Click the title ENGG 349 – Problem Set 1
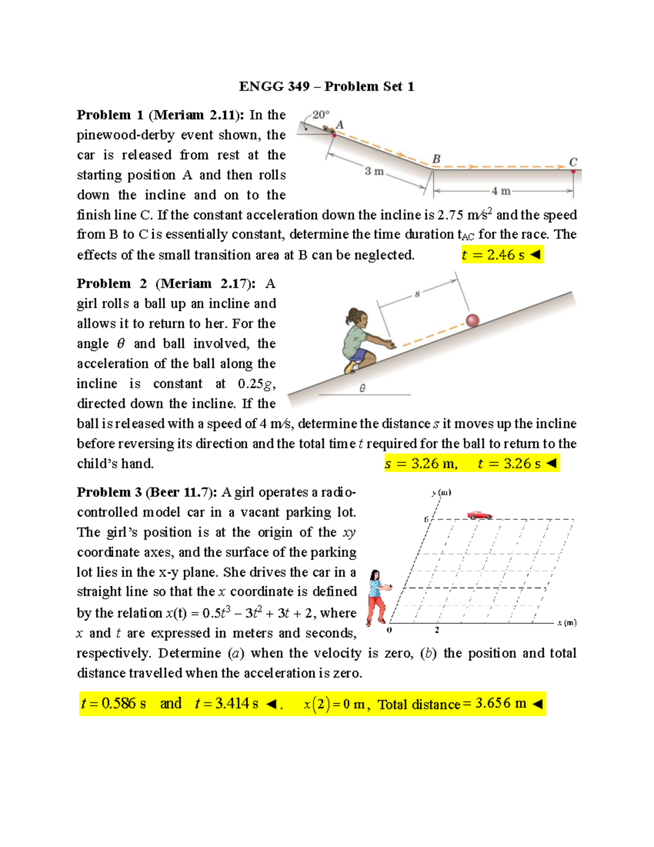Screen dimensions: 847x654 [x=326, y=86]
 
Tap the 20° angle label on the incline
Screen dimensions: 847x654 [x=320, y=115]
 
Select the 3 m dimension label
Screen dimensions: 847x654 [x=374, y=171]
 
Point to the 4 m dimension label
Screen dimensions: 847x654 [x=501, y=191]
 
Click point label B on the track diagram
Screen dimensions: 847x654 [x=436, y=159]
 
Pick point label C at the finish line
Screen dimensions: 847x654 [x=573, y=162]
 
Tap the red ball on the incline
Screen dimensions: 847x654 [x=473, y=320]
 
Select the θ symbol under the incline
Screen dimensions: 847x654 [x=362, y=388]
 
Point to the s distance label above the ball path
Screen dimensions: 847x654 [x=417, y=294]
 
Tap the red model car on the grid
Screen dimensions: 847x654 [x=479, y=514]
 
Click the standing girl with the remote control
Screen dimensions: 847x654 [x=378, y=597]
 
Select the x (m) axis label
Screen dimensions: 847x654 [x=567, y=622]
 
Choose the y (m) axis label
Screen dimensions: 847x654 [x=441, y=492]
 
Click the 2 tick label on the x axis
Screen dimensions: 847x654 [x=437, y=630]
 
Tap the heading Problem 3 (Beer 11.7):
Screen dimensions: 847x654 [x=147, y=492]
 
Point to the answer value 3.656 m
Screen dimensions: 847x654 [x=500, y=704]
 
